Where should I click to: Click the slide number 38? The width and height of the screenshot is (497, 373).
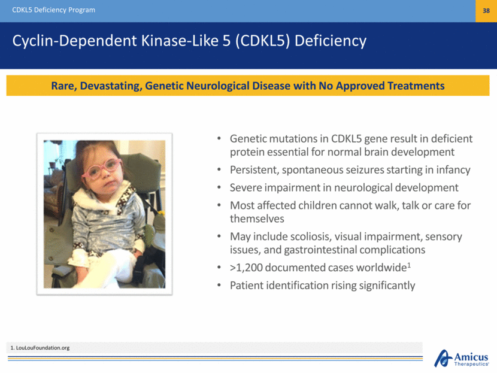coord(486,11)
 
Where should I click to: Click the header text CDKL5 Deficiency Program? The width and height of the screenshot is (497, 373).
coord(53,10)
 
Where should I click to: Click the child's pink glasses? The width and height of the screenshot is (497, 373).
coord(102,169)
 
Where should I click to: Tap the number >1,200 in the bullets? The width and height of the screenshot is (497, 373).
coord(246,268)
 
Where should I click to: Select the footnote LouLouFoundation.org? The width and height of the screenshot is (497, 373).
coord(43,348)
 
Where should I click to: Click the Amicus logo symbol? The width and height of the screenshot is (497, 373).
coord(443,358)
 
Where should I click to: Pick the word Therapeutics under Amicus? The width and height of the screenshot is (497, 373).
coord(471,364)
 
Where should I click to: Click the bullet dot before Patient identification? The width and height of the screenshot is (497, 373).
coord(219,285)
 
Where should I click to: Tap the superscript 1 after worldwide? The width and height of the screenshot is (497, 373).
coord(409,265)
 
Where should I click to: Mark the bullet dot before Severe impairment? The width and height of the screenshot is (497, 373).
coord(219,187)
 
